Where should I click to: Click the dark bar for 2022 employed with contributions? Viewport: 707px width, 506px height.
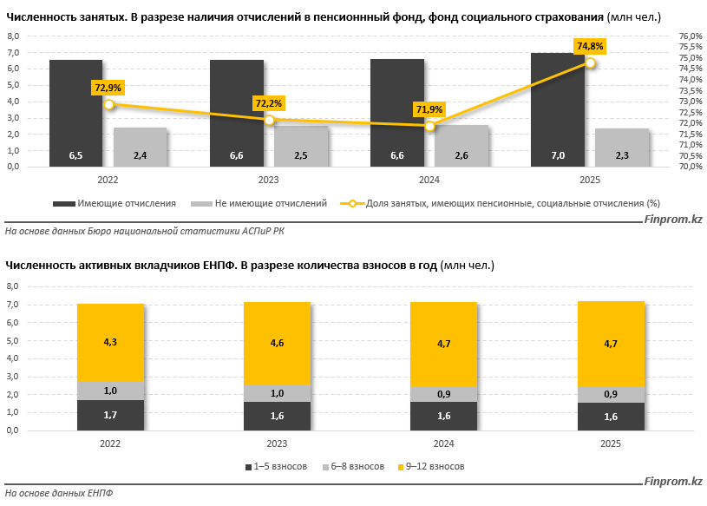[75, 113]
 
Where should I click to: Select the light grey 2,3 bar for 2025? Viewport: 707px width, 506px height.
[622, 148]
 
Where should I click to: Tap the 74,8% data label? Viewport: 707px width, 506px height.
[590, 46]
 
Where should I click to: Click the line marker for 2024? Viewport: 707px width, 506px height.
[430, 126]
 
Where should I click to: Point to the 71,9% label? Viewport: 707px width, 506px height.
[429, 109]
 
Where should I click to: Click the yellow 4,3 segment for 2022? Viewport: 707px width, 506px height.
[110, 343]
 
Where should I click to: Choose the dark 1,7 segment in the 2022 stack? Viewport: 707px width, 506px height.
[110, 415]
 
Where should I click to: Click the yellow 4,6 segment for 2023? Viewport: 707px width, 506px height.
[277, 344]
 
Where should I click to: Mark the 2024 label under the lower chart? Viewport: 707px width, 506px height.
[443, 443]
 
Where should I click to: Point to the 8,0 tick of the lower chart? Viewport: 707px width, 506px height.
[13, 286]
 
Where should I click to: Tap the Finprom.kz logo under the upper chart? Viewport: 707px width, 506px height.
[672, 220]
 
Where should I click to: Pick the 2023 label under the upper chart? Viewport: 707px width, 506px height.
[269, 179]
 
